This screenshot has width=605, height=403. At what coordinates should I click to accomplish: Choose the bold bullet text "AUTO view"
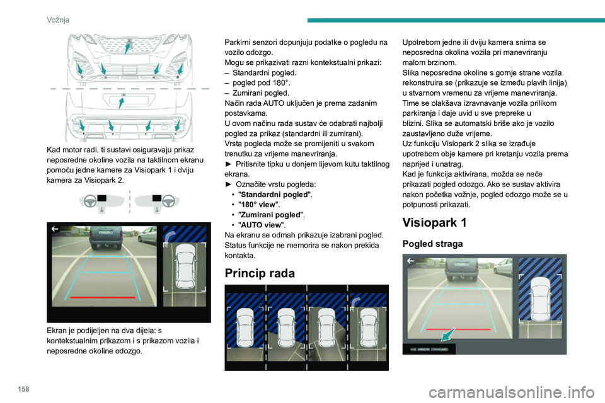pos(260,225)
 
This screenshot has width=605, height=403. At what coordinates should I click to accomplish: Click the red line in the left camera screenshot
pos(103,297)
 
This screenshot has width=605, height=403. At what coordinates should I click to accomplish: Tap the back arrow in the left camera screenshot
pos(55,229)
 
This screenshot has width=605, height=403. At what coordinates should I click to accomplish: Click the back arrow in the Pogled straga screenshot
pos(410,261)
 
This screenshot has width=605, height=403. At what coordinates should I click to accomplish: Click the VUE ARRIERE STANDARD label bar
pos(429,349)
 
